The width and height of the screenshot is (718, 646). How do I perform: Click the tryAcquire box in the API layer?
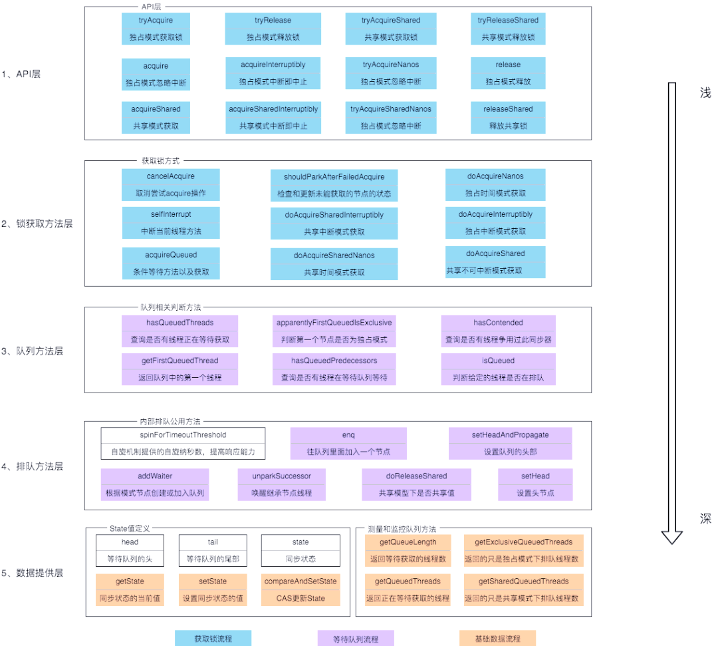point(156,29)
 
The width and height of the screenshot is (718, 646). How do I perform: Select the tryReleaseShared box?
point(508,29)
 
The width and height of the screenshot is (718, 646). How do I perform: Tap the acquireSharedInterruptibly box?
point(273,117)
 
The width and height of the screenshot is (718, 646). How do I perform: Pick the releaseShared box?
point(508,117)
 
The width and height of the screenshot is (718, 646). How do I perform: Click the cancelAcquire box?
point(170,185)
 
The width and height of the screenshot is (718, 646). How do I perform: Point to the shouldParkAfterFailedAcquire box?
point(334,185)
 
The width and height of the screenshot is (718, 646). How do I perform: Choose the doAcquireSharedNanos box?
point(334,264)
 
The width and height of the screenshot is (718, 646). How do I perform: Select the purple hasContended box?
point(498,331)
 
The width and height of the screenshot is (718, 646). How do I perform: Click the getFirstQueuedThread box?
point(179,369)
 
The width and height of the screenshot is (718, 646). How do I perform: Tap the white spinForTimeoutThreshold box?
point(183,443)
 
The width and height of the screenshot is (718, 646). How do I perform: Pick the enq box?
point(348,443)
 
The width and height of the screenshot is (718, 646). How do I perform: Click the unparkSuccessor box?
point(282,484)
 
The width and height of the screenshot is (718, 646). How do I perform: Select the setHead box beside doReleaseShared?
point(535,484)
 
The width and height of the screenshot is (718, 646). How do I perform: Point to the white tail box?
point(213,551)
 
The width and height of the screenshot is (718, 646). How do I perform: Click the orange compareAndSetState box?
point(300,589)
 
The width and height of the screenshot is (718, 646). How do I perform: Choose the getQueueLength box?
point(408,551)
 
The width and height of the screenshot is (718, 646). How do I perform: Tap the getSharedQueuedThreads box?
point(523,589)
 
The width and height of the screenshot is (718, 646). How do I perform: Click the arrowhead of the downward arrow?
point(671,538)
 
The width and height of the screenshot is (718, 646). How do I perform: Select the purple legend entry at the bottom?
point(356,638)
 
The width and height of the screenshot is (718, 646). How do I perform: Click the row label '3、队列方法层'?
point(32,351)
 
